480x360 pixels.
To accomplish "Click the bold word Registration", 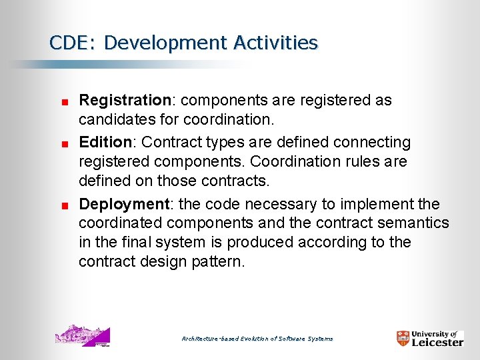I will coord(125,101).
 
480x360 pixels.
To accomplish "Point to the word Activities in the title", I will coord(275,43).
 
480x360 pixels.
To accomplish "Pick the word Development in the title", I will coord(165,43).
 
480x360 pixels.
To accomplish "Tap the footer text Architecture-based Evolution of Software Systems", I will coord(257,339).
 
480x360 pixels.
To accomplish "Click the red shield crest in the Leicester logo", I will coord(403,338).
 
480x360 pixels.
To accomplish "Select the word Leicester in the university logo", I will coord(437,342).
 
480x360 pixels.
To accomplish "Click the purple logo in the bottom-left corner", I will coord(82,335).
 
